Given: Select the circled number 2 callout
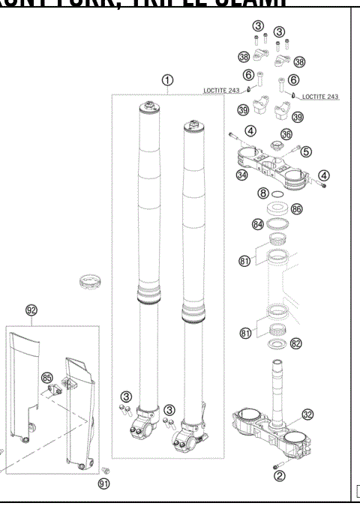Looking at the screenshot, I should coord(279,475).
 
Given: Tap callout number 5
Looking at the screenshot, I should coord(305,151).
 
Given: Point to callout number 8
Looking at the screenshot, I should coord(262,193).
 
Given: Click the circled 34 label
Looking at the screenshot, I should coord(241,175).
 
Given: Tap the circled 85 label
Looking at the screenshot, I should coord(48,377).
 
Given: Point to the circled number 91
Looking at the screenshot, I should coord(104,484).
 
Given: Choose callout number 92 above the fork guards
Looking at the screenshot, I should coord(31,310).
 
